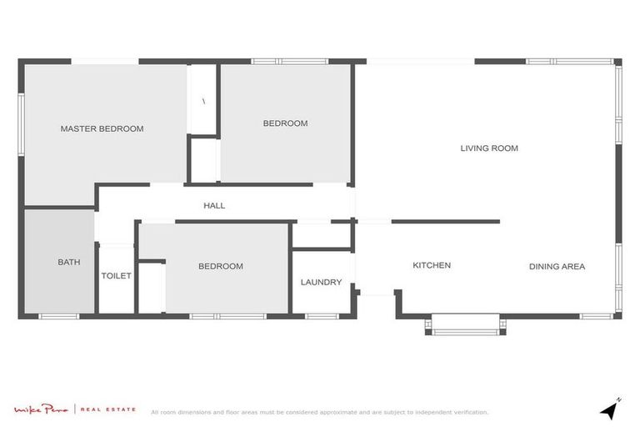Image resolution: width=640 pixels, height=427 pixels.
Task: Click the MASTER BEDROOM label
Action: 102,129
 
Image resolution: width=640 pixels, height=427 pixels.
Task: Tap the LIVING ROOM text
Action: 489,148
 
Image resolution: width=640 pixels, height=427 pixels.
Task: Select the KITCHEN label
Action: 432,265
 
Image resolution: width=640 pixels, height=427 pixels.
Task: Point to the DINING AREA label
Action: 557,267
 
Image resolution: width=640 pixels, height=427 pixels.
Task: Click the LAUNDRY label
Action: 321,282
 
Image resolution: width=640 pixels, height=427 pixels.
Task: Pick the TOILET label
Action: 116,276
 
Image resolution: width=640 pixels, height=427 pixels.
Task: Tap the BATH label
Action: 69,262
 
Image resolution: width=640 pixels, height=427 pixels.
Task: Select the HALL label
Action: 214,205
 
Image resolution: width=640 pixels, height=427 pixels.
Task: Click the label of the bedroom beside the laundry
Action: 221,266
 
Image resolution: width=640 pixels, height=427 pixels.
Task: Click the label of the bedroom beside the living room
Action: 285,123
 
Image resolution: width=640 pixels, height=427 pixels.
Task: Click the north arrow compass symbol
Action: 611,408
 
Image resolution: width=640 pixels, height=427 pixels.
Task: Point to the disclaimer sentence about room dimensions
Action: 319,412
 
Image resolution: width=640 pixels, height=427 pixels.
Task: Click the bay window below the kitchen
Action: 464,325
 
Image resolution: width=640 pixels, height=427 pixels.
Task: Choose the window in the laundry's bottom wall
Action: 321,316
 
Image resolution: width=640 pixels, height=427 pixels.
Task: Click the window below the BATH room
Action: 59,316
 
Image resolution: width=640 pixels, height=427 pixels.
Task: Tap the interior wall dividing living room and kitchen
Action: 445,222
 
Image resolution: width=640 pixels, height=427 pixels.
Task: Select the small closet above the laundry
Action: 321,236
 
